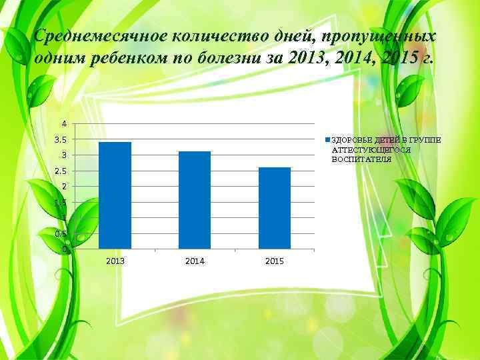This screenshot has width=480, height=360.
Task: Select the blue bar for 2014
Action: point(194,200)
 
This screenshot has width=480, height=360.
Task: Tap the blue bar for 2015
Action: point(274,208)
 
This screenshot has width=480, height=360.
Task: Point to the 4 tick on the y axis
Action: point(64,124)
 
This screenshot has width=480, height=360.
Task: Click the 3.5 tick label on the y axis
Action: point(61,140)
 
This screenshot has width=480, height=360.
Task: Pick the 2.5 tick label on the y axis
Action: point(61,171)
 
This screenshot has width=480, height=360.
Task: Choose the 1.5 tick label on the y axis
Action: point(61,202)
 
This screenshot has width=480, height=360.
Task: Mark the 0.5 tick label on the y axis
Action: point(61,234)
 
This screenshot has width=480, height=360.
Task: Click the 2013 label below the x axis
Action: point(115,261)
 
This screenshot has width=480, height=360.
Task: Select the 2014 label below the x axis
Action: point(194,261)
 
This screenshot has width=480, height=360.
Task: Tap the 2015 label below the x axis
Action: point(274,261)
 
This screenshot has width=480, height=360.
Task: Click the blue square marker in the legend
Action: point(327,140)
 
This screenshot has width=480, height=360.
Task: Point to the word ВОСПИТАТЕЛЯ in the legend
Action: point(361,161)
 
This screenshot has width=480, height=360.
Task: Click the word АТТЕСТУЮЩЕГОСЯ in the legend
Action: point(371,150)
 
